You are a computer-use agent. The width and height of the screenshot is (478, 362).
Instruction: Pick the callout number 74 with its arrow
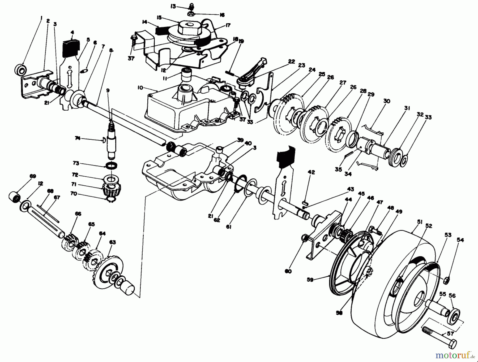pyautogui.click(x=78, y=138)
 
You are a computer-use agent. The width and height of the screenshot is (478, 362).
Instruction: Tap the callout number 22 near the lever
pyautogui.click(x=291, y=62)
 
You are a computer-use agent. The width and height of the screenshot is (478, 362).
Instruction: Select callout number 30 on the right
pyautogui.click(x=387, y=101)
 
